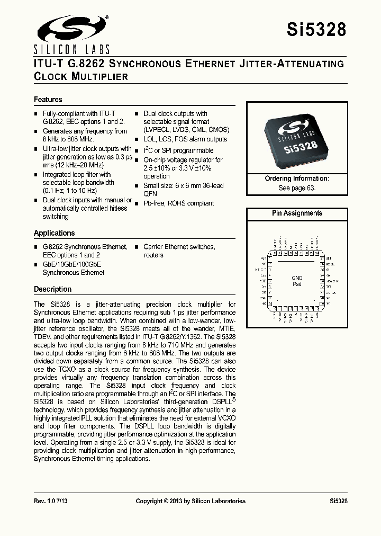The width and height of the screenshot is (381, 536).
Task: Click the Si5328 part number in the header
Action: (316, 30)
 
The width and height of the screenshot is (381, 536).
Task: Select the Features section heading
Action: (48, 100)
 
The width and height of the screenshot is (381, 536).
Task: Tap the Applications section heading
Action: (55, 233)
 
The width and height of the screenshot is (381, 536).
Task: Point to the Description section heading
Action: (52, 289)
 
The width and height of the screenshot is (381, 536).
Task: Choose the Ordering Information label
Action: (297, 179)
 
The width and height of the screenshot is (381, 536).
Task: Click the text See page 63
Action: (297, 188)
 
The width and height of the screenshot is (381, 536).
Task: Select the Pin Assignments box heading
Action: (297, 213)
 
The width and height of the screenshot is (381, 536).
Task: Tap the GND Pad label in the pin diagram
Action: (297, 281)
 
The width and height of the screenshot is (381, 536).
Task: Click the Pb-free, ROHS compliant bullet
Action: (178, 203)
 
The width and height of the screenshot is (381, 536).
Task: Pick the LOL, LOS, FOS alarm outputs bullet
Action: (185, 139)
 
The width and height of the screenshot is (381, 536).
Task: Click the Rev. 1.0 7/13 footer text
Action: (51, 501)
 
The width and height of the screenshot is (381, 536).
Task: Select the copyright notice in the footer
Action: (190, 501)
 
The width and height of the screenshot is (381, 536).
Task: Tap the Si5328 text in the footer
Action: (338, 501)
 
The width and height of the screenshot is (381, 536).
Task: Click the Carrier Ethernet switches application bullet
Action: (179, 247)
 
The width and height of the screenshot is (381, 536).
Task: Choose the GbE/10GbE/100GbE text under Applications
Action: (71, 264)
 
